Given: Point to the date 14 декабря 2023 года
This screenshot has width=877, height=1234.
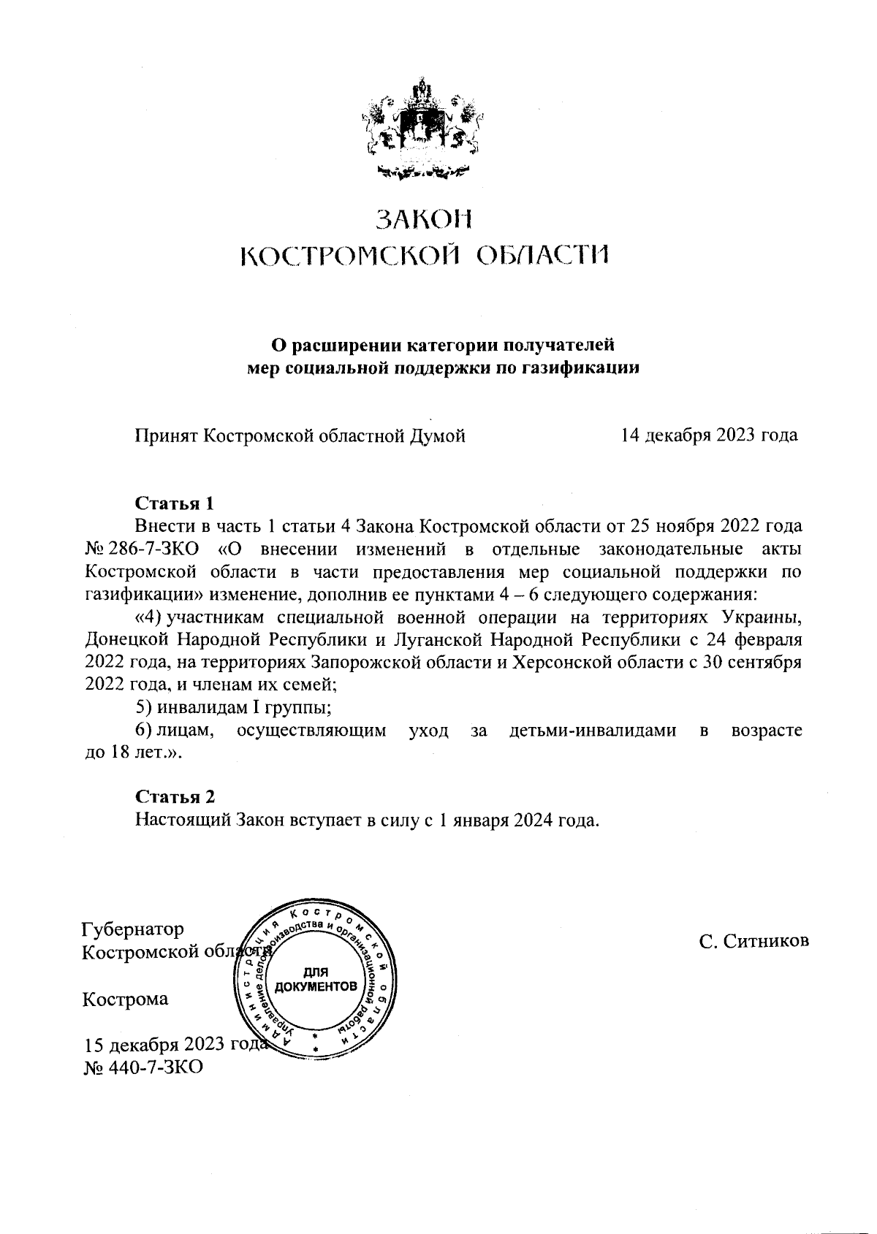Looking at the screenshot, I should (x=709, y=435).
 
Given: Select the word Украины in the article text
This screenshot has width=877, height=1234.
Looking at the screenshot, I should (x=762, y=617).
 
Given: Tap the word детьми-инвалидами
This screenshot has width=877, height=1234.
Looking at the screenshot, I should (x=592, y=730).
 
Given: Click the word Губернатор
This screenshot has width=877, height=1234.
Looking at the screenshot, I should (x=133, y=929).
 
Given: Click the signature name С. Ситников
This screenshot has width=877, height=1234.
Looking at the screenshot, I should (x=753, y=942).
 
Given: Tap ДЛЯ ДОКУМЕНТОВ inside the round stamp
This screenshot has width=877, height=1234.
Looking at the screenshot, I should (x=316, y=980).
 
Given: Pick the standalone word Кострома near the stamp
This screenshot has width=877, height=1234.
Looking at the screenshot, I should (x=125, y=999).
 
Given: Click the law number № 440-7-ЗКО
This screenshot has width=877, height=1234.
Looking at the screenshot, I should (x=143, y=1067).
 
